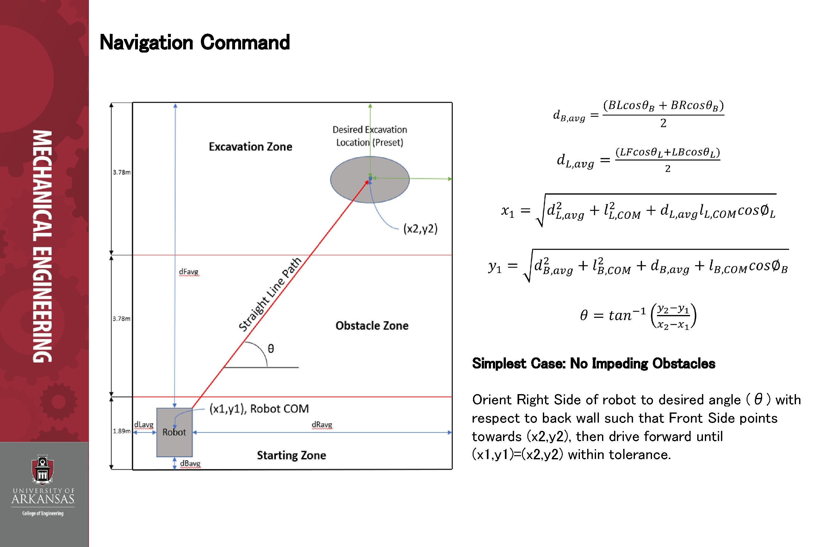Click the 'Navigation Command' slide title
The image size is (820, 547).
195,42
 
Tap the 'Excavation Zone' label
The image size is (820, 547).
250,147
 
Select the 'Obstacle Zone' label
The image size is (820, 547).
372,325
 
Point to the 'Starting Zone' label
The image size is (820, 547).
291,455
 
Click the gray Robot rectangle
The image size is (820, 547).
174,445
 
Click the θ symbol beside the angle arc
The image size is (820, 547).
270,349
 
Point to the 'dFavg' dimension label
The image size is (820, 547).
189,272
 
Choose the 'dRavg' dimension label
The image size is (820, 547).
322,424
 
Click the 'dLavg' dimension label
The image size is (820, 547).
144,424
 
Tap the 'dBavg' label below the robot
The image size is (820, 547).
190,464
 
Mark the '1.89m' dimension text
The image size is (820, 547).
121,431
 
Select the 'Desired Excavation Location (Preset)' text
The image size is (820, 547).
370,136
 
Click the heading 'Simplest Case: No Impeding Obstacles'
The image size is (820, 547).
593,363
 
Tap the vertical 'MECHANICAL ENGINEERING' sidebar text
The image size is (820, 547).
42,246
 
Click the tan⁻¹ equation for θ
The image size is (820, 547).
638,315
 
